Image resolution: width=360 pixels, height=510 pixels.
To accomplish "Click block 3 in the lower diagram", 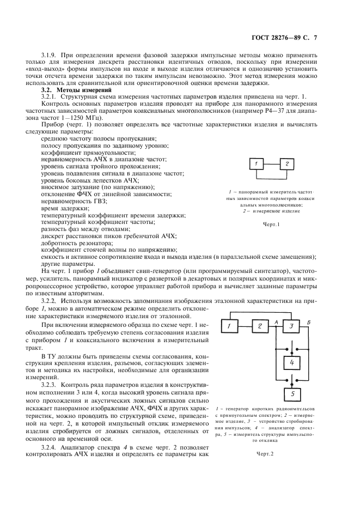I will pos(291,326).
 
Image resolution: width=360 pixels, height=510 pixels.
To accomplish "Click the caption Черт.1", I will pos(271,224).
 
